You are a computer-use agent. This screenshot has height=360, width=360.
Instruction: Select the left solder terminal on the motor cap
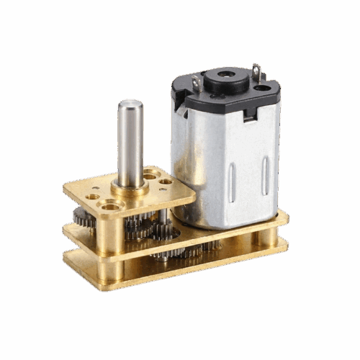tap(196, 84)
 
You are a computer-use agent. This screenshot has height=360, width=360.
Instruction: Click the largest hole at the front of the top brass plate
tap(110, 207)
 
